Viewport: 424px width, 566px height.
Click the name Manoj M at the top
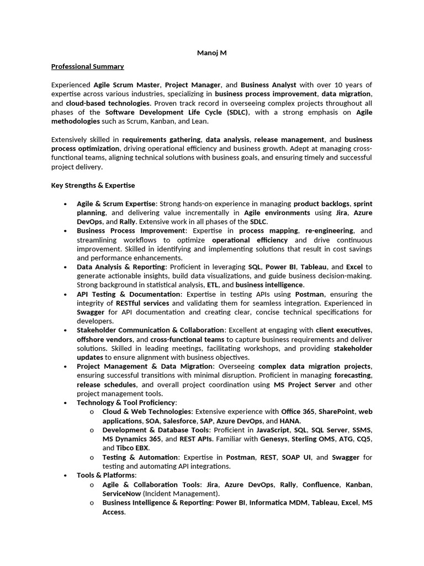tap(212, 53)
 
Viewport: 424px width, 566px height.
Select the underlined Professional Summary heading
tap(87, 67)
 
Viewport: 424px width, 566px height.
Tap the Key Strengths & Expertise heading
tap(93, 186)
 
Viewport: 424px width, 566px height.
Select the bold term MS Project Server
tap(305, 385)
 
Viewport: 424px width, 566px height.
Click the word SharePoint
tap(337, 412)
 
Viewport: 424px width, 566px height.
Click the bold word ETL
tap(213, 285)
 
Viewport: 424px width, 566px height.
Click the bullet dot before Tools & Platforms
tap(66, 475)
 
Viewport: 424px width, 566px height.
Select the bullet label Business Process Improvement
tap(131, 230)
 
